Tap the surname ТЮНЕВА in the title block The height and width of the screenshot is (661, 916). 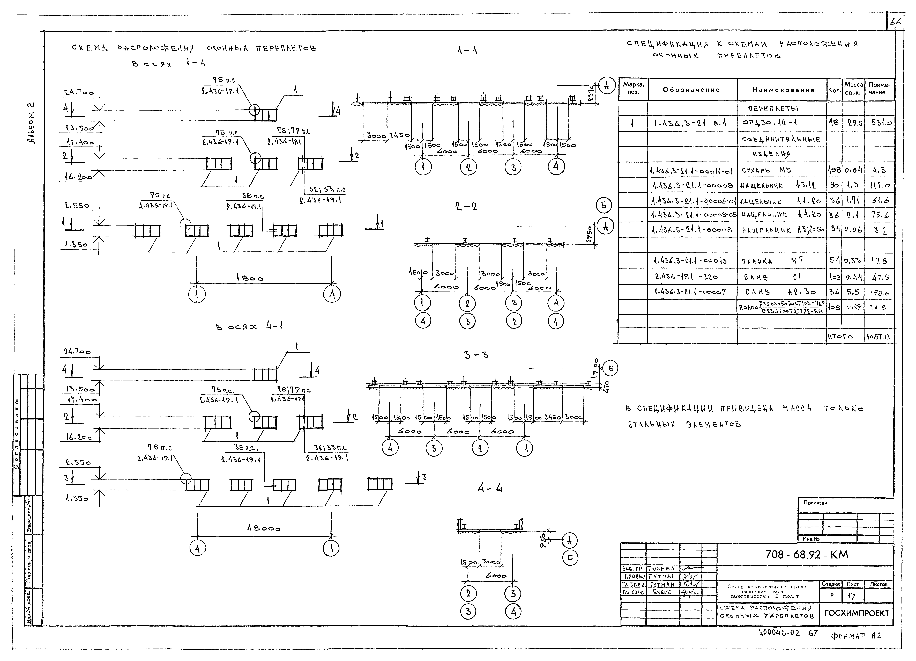pyautogui.click(x=661, y=569)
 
